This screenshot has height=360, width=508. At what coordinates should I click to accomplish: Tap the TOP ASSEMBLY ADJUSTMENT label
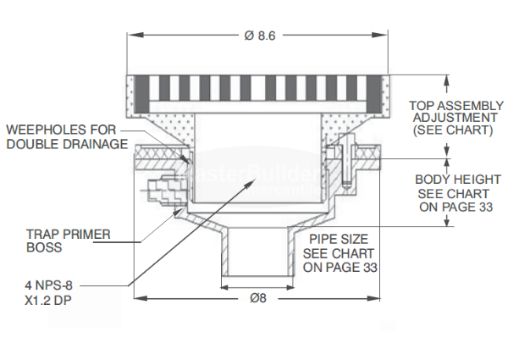(450, 111)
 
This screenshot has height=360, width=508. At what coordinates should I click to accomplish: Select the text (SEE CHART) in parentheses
(452, 131)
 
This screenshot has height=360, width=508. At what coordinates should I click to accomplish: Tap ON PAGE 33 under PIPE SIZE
(341, 267)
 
